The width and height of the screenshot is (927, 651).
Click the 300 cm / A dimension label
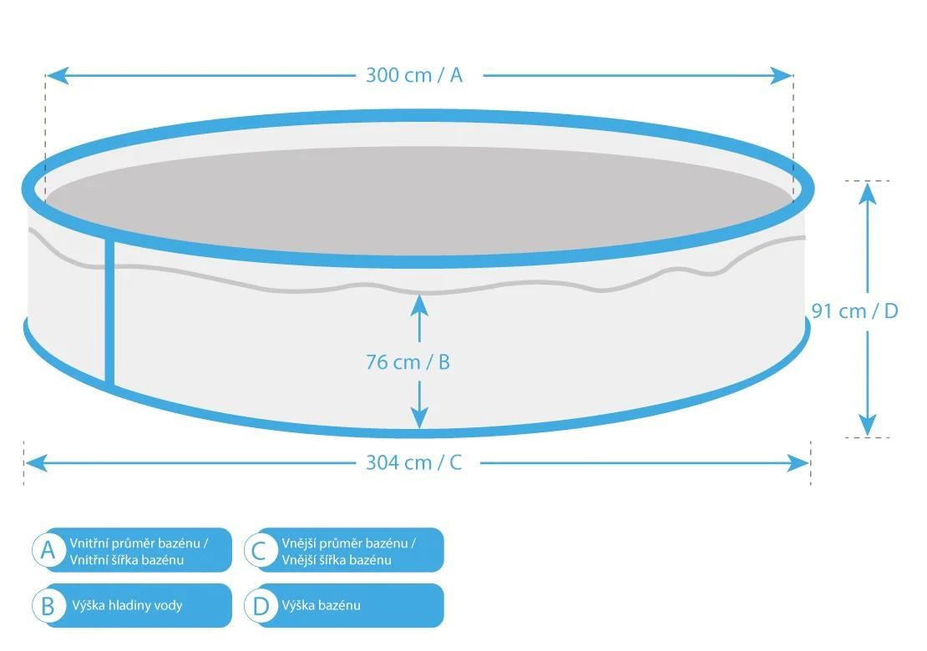pos(414,75)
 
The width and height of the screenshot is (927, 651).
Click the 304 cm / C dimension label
pos(414,462)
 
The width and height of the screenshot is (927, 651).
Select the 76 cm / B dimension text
pos(408,362)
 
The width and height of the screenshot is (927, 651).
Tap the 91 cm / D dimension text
pos(855,310)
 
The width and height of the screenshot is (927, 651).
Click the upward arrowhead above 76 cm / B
pos(419,304)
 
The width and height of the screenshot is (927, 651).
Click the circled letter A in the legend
pos(48,550)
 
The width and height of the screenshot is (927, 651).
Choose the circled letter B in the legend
pos(48,606)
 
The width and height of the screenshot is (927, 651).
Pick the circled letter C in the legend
pos(261,550)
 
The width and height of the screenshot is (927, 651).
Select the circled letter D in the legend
pos(261,606)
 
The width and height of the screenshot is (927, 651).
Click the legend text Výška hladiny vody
pos(126,605)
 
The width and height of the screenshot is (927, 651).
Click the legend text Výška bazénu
pos(322,605)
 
